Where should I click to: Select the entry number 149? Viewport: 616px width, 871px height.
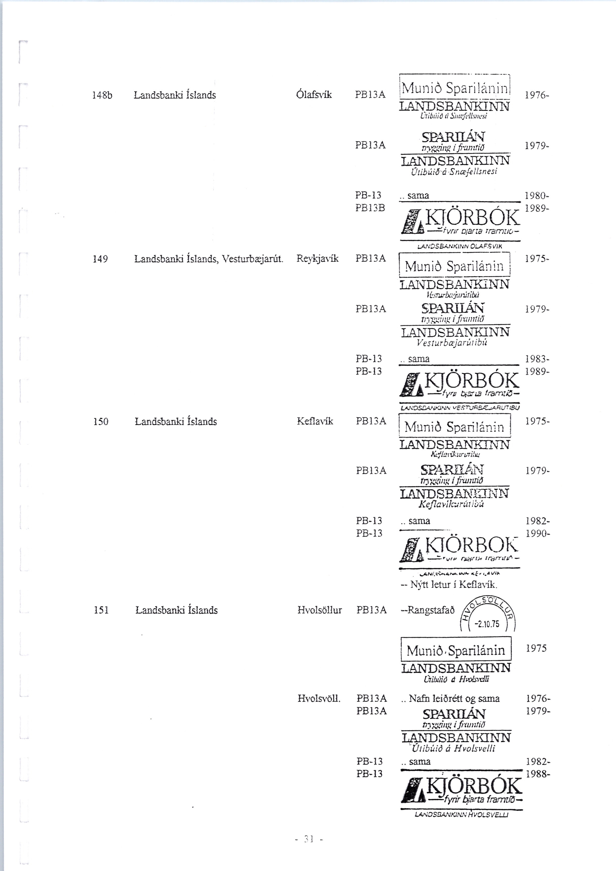coord(101,259)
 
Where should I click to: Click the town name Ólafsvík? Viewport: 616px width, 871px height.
coord(314,94)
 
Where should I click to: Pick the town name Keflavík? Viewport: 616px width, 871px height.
coord(315,421)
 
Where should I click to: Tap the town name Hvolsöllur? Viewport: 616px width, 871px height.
coord(320,610)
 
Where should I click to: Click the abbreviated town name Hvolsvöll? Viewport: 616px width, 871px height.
coord(319,698)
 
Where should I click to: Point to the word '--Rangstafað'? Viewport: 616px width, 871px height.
coord(428,610)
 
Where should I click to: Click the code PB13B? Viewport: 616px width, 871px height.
coord(370,208)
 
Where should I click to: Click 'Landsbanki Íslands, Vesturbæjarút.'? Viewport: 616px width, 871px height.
coord(209,259)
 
